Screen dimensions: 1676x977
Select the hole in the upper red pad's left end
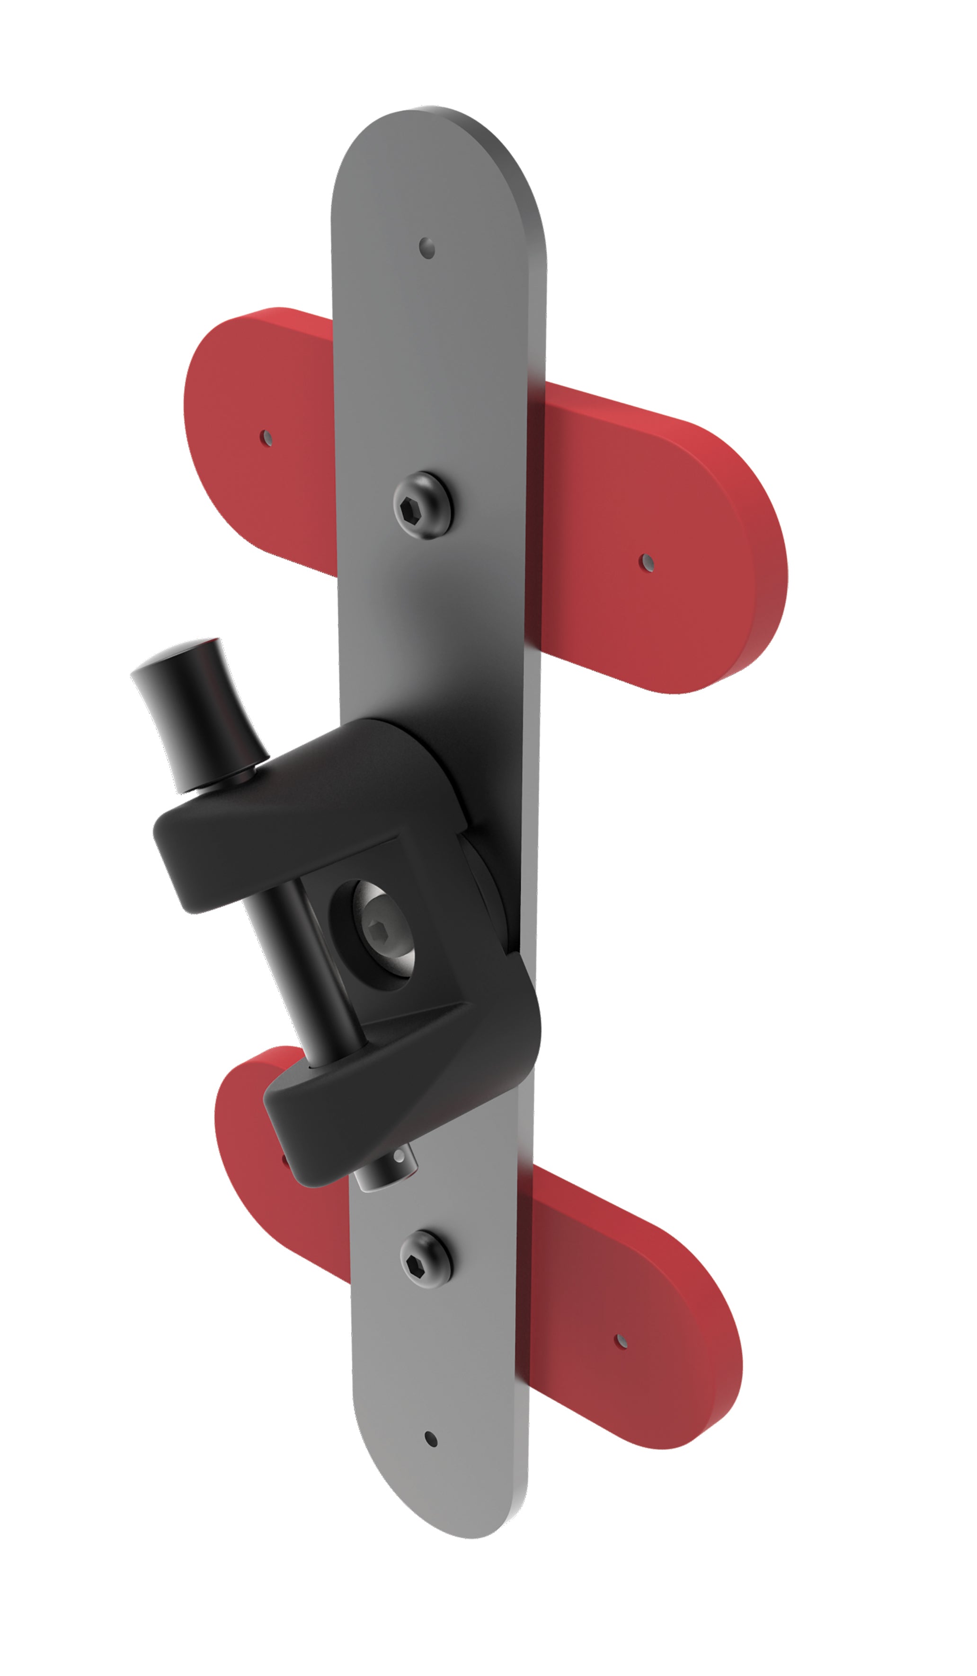coord(266,439)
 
